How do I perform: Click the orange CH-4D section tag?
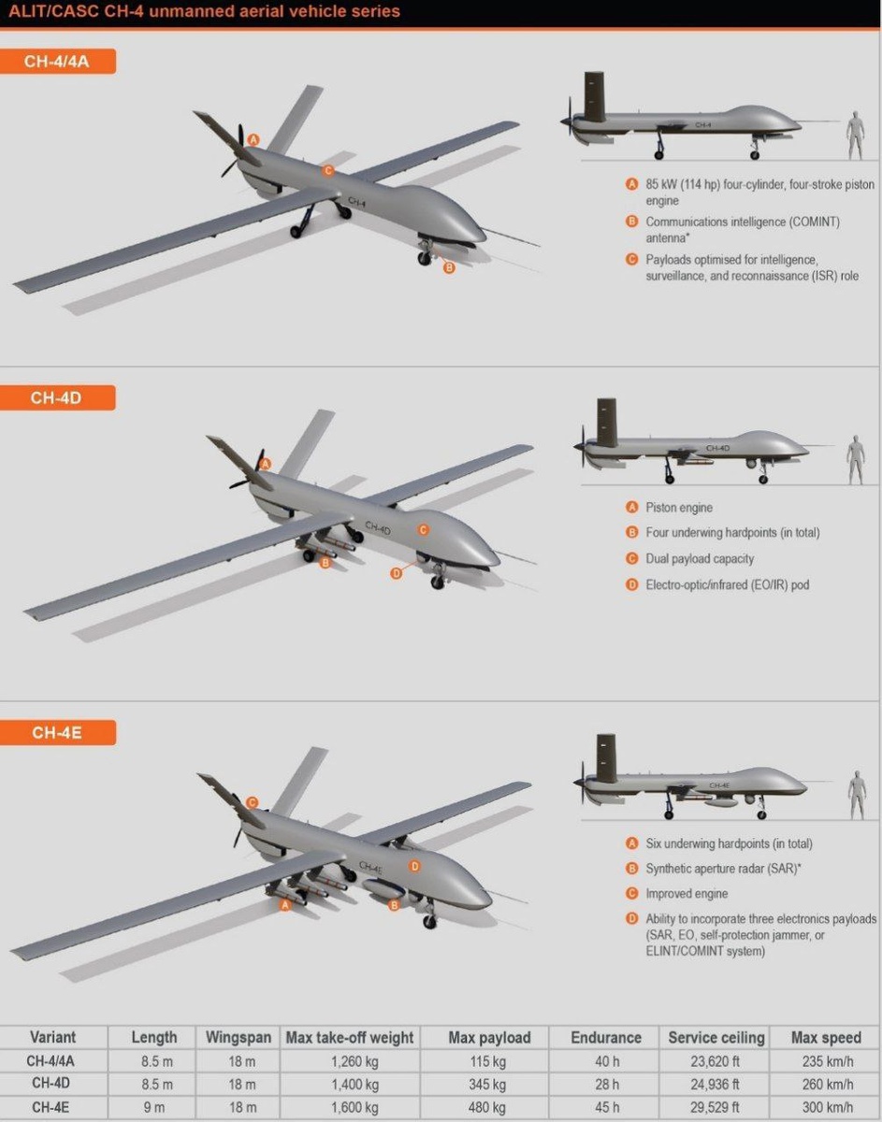click(57, 397)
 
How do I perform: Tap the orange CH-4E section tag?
click(57, 733)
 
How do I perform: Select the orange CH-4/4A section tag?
click(57, 62)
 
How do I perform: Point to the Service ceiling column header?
click(716, 1038)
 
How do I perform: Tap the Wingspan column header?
click(239, 1038)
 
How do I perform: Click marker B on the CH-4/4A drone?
click(449, 267)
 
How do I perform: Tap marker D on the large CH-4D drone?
click(396, 574)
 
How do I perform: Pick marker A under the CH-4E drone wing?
click(284, 905)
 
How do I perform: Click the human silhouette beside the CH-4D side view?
click(856, 459)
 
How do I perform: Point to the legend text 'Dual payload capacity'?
click(700, 559)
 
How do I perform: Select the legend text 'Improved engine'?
click(687, 893)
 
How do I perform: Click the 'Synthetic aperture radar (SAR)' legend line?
click(723, 869)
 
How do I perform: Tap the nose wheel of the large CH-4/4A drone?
click(424, 259)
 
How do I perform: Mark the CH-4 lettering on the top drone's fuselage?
click(357, 202)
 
